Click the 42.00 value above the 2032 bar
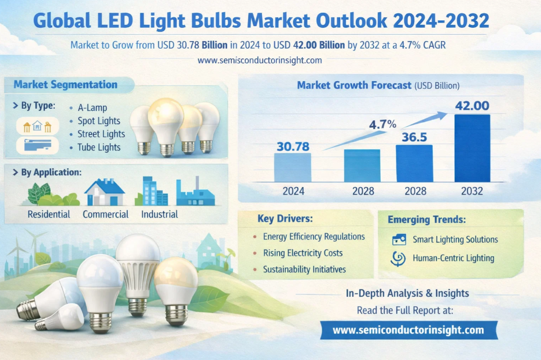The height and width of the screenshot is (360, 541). coord(473,106)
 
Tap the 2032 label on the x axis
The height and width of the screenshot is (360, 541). coord(472,191)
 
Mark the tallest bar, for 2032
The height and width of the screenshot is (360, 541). coord(472,148)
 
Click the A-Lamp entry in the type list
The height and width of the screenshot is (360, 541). coord(92,108)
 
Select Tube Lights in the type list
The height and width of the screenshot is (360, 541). coord(99,147)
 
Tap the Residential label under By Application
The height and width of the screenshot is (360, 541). coord(49,214)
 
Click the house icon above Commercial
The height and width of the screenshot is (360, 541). coord(105,192)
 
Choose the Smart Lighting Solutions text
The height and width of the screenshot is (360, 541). coord(455,239)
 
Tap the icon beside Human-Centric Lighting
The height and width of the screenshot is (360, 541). coord(399,258)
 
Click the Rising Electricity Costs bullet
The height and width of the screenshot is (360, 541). coord(303,253)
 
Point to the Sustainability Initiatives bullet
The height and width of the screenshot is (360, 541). coord(304,269)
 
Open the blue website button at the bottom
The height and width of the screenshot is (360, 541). coord(408,330)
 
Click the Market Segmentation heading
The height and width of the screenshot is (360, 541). coord(65,85)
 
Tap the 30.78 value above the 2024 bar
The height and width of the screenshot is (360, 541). coord(292,146)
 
